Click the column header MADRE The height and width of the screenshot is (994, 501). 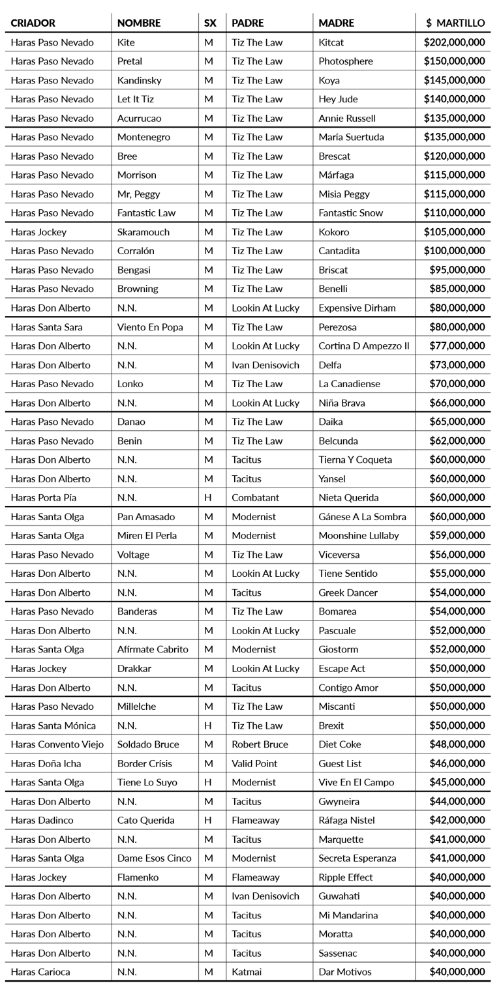point(337,23)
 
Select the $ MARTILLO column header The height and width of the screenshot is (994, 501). point(455,23)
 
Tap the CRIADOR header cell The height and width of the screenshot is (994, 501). point(33,23)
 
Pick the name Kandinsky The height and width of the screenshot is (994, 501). point(139,80)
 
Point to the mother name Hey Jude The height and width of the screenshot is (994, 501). point(338,99)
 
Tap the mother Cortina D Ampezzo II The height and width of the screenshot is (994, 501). point(364,345)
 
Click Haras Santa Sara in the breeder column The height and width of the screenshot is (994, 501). point(46,327)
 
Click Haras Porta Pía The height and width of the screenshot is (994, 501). point(45,497)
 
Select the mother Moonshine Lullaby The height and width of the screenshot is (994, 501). point(359,535)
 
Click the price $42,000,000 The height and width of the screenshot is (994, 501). point(457,820)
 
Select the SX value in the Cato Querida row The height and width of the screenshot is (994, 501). point(209,820)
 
